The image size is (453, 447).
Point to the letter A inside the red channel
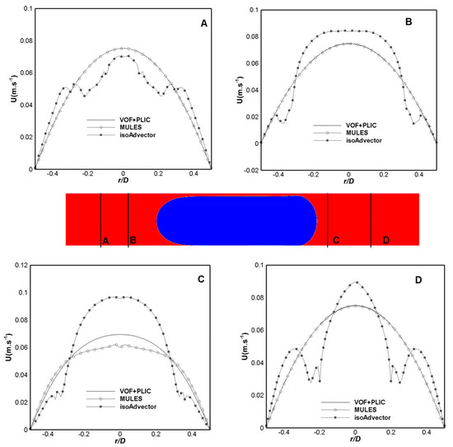tap(105, 240)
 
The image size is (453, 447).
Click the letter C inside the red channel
tap(336, 240)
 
